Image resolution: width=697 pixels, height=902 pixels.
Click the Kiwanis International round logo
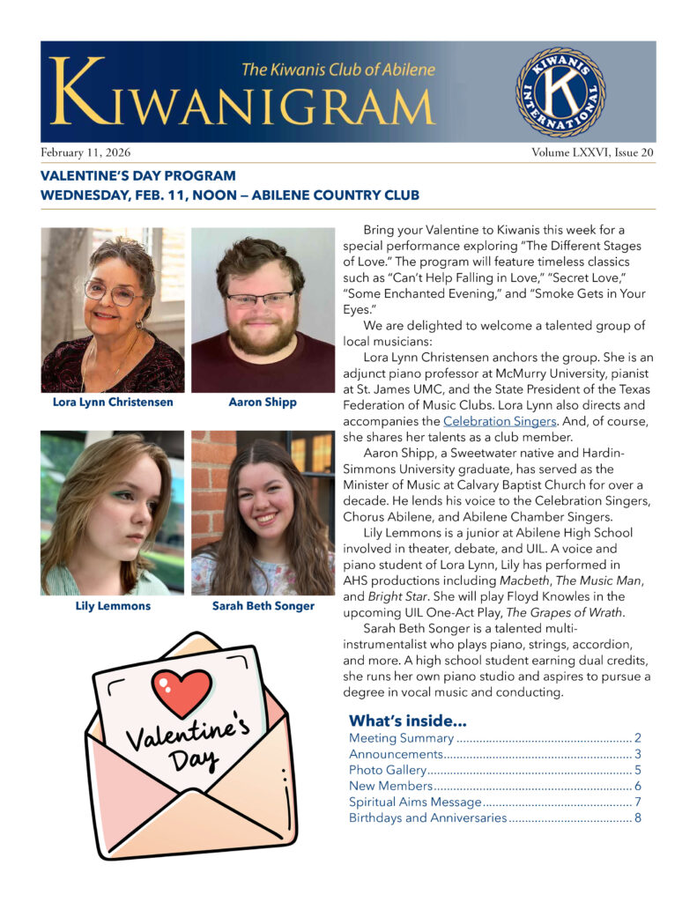(560, 92)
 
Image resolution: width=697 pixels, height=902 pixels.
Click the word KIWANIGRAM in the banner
(242, 104)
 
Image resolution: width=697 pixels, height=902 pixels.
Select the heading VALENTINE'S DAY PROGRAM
(138, 176)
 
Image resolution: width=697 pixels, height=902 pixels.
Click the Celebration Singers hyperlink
(493, 421)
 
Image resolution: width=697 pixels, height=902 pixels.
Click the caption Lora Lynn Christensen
(113, 403)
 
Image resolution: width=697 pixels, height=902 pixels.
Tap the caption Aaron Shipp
(263, 403)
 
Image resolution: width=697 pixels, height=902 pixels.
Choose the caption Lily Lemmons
(113, 606)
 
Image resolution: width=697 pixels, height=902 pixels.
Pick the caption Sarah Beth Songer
(263, 606)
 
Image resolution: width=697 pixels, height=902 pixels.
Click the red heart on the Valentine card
(182, 691)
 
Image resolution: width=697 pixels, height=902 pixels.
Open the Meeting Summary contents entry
(401, 738)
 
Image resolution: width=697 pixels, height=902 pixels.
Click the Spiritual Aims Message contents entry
(415, 802)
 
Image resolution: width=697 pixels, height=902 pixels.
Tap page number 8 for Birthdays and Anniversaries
(637, 817)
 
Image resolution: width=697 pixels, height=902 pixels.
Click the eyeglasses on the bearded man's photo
(262, 299)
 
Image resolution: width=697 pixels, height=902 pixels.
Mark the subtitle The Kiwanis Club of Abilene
(337, 69)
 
